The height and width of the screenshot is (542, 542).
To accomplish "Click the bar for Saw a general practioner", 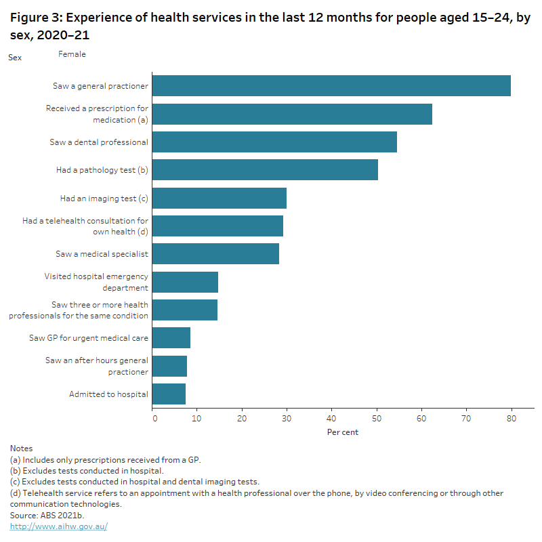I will coord(331,86).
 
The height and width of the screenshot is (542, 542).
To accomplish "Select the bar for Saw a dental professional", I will coord(274,142).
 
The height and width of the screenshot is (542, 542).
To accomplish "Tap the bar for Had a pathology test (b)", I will coord(265,170).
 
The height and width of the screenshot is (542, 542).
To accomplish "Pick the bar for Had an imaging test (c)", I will coord(220,199).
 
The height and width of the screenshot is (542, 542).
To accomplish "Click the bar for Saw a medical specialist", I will coord(215,254).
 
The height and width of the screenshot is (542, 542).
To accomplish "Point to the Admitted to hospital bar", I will coord(169,394).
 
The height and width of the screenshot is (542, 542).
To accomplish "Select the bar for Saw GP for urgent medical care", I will coord(171,337).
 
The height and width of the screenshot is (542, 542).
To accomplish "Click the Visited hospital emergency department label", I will coord(96,282).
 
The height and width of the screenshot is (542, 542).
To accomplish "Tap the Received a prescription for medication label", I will coord(96,114).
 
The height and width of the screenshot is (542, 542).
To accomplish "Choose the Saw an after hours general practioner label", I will coord(96,366).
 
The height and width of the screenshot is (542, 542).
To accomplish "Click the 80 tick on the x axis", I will coord(512,419).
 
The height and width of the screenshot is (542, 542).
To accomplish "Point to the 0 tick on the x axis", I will coord(154,419).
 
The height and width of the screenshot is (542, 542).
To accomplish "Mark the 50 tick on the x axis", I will coord(377,419).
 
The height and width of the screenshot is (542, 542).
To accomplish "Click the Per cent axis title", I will coord(343,432).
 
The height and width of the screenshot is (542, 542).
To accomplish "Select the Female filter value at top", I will coord(72,54).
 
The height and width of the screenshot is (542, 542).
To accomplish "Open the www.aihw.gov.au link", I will coord(58,526).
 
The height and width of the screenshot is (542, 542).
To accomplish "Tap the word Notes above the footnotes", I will coord(22,449).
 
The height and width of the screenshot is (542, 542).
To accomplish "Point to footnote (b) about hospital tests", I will coord(87,470).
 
